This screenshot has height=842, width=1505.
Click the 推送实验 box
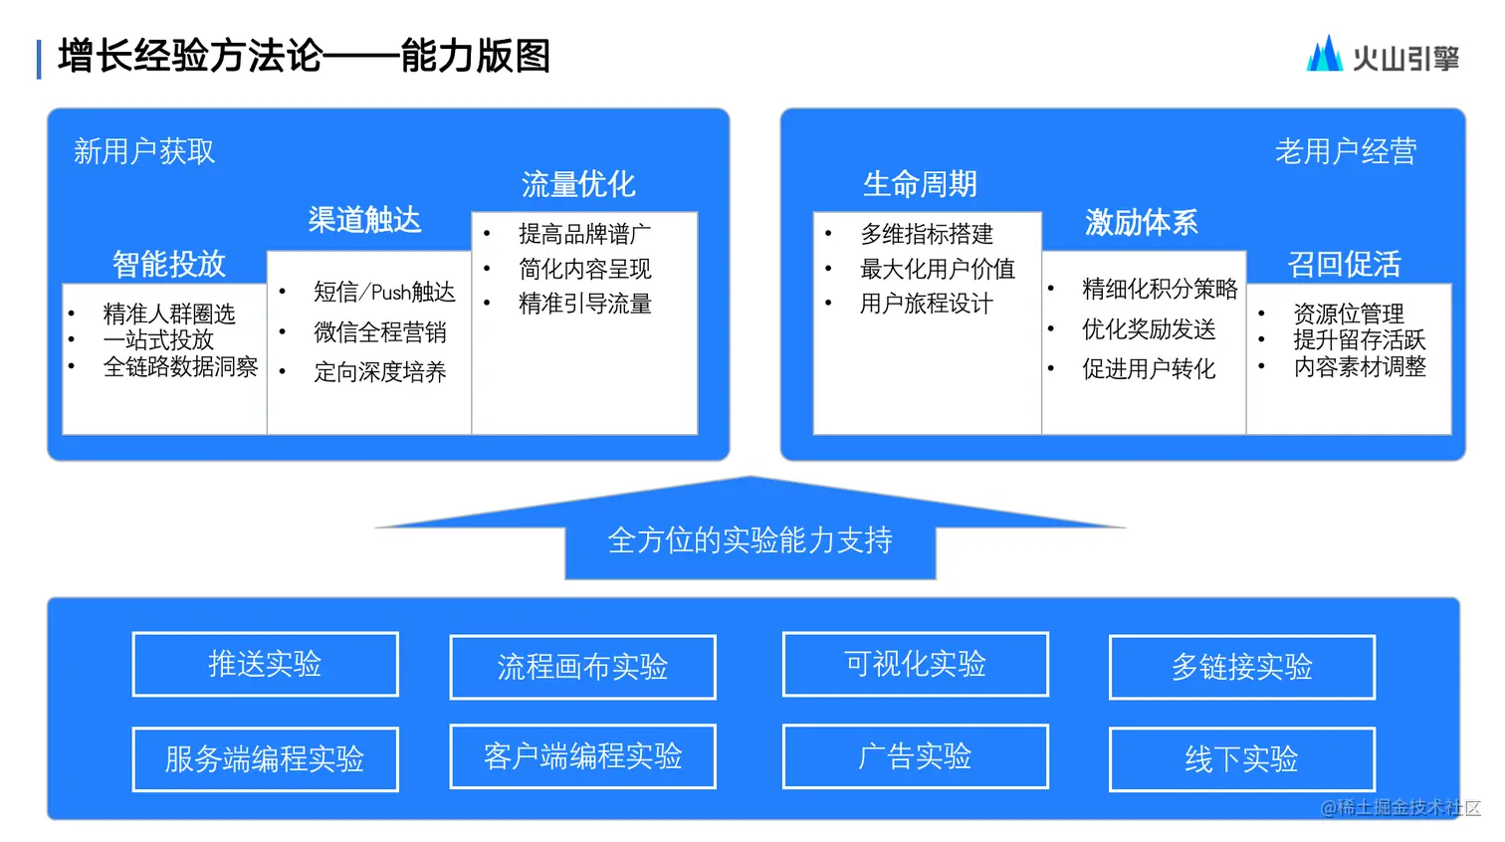click(x=265, y=664)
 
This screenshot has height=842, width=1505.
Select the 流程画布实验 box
click(x=582, y=667)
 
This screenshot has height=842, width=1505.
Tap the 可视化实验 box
click(x=915, y=664)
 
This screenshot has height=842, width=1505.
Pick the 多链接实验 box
click(x=1241, y=667)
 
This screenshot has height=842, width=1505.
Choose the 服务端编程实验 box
click(x=265, y=759)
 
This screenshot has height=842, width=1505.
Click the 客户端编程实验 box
click(x=582, y=756)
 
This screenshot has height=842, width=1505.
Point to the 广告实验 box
click(x=915, y=756)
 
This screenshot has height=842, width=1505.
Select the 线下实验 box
click(x=1241, y=759)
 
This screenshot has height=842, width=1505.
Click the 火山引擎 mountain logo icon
click(x=1324, y=55)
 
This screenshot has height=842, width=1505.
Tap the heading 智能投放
click(x=169, y=264)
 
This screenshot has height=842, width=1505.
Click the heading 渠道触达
click(x=364, y=220)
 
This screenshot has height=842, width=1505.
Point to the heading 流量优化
click(x=578, y=184)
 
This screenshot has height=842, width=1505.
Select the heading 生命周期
click(x=920, y=184)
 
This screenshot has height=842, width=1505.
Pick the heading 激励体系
click(x=1141, y=222)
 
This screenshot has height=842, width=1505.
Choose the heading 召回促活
click(x=1344, y=264)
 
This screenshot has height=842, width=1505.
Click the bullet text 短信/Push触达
click(x=384, y=292)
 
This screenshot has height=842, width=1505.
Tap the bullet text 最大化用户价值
click(x=938, y=269)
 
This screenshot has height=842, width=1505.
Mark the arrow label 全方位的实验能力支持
click(x=750, y=540)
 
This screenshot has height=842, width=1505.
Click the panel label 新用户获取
click(x=144, y=151)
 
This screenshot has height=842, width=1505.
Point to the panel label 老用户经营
click(x=1346, y=151)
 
